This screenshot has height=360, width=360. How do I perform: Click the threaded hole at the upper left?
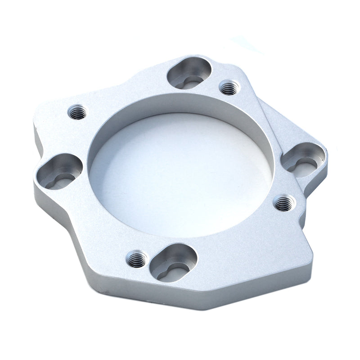coord(78,111)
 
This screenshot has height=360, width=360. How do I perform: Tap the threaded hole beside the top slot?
coord(229,87)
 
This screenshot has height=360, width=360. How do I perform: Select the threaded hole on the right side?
coord(284,203)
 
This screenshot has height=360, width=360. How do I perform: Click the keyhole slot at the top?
coord(189,74)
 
